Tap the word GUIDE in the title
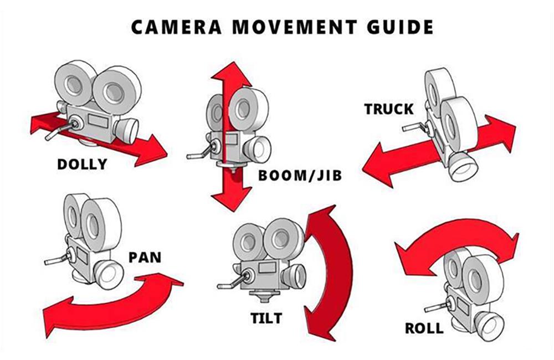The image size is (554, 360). pos(394,27)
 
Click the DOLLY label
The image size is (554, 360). pos(83,164)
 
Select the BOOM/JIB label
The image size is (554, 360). pos(300,176)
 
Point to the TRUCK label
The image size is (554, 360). pos(389,109)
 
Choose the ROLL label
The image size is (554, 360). pos(424,328)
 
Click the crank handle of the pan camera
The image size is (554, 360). pos(55,259)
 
